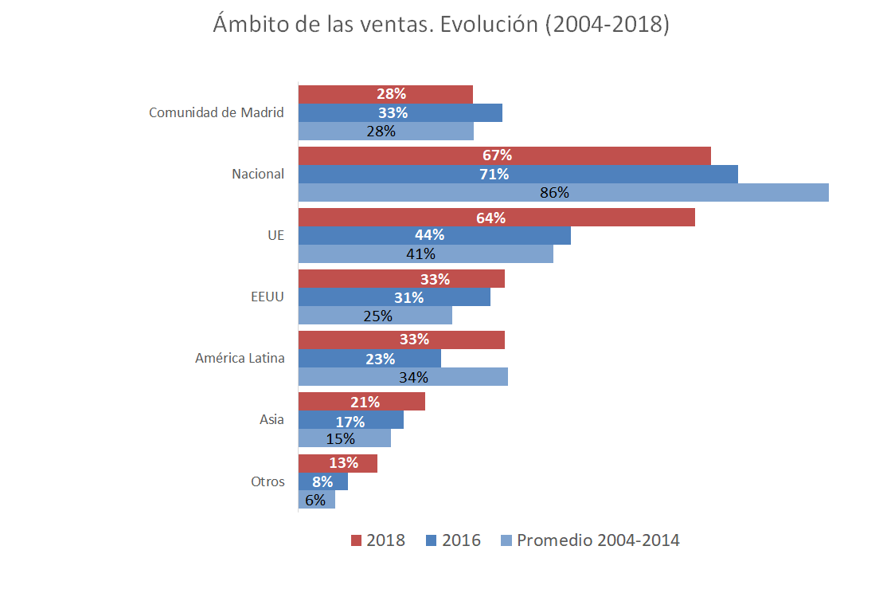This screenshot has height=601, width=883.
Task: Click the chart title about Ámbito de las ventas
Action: (441, 25)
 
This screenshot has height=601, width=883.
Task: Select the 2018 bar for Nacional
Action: (504, 155)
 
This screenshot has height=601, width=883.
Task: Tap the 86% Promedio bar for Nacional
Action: (563, 193)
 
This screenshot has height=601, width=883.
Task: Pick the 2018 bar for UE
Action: (496, 218)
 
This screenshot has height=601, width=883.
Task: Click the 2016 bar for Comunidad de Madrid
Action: (400, 112)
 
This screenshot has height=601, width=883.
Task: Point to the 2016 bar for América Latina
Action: (369, 359)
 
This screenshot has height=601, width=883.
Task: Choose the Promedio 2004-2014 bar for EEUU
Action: (375, 316)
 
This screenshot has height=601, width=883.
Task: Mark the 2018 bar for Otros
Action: (338, 463)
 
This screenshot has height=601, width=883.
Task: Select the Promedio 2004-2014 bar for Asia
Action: (345, 438)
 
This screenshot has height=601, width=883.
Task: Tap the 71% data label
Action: (494, 174)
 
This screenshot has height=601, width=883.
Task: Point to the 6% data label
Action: (315, 500)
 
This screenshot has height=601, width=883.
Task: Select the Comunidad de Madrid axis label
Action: (217, 112)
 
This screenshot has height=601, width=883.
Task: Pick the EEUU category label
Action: (268, 297)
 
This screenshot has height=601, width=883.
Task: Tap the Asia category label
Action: (272, 420)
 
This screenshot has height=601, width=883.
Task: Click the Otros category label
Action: (268, 481)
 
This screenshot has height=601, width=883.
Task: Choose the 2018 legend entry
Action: (378, 540)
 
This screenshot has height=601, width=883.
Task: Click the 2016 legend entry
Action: (453, 540)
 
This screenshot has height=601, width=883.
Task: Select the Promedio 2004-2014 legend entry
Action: (590, 540)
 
